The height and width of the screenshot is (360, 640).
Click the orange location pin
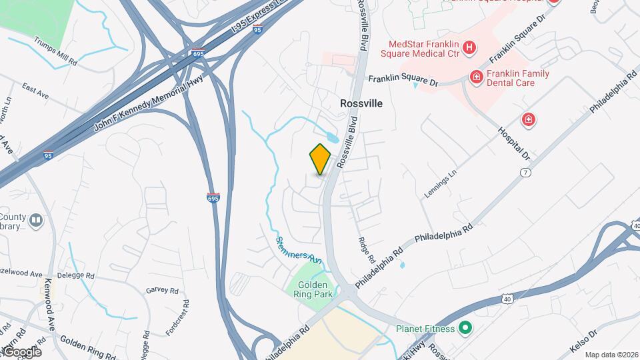[x=321, y=159]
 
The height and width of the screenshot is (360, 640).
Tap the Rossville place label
[x=361, y=103]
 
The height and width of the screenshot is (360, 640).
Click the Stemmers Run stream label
[x=299, y=248]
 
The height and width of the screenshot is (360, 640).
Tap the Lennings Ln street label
[x=441, y=183]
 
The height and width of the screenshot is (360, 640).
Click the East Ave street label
[x=35, y=91]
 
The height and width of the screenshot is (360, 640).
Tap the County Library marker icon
[x=36, y=219]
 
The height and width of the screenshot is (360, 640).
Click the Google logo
[x=21, y=351]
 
